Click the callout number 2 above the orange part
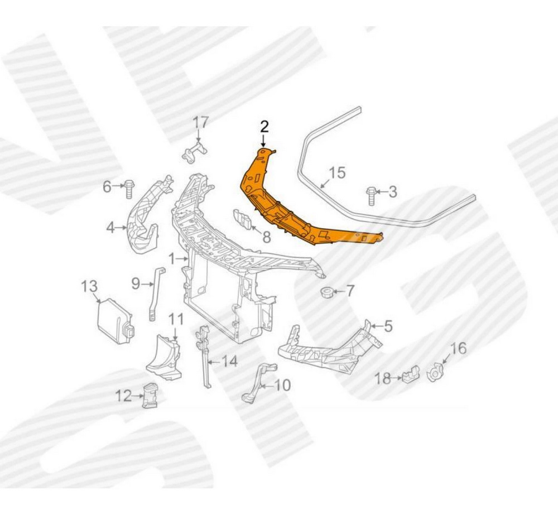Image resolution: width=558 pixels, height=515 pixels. tap(264, 126)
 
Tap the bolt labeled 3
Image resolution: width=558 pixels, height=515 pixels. tap(371, 195)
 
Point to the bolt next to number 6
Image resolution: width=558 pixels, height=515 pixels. tap(128, 190)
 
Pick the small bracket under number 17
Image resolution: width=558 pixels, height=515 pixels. tap(194, 153)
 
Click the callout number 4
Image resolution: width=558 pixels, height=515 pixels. tap(110, 228)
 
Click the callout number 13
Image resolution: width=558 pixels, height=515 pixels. tap(89, 286)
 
